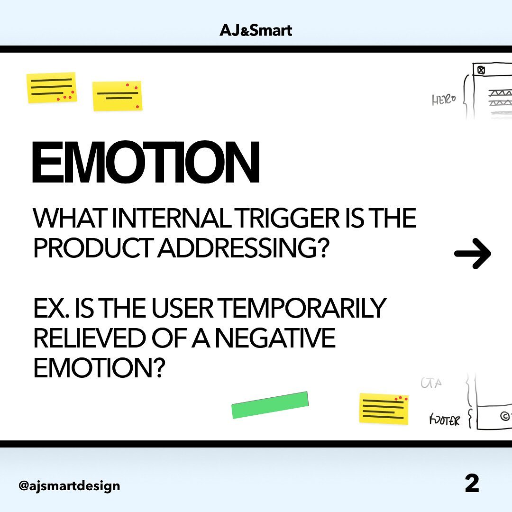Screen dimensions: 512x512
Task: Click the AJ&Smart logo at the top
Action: click(256, 30)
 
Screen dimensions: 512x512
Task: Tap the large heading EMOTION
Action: click(146, 162)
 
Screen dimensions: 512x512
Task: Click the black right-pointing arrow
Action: click(473, 253)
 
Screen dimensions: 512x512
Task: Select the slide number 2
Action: click(472, 484)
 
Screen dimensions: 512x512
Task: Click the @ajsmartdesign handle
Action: click(69, 485)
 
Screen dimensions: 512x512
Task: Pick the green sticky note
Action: click(270, 405)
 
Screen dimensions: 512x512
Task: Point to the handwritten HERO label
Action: click(443, 100)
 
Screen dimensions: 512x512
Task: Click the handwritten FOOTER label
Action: click(444, 420)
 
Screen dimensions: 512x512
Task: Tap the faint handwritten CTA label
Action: click(431, 383)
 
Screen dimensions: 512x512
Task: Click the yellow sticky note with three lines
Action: click(52, 88)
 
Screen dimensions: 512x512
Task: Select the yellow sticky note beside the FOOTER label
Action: click(384, 409)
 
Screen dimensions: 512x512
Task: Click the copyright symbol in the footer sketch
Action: click(505, 416)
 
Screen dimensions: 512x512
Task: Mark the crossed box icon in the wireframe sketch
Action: click(481, 70)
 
